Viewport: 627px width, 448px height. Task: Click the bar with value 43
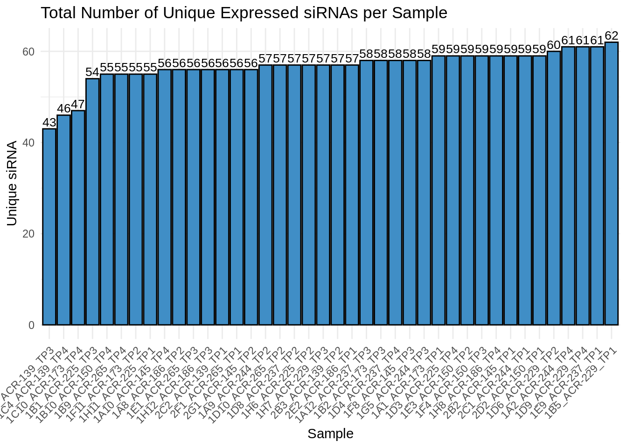pyautogui.click(x=49, y=227)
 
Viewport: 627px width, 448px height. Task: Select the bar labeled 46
pyautogui.click(x=63, y=220)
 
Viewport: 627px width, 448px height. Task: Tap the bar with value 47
pyautogui.click(x=78, y=217)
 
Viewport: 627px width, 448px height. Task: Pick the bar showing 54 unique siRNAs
pyautogui.click(x=92, y=202)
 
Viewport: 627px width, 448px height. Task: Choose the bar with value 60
pyautogui.click(x=554, y=188)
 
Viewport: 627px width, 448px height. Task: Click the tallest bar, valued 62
pyautogui.click(x=612, y=183)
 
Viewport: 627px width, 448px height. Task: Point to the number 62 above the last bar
pyautogui.click(x=612, y=36)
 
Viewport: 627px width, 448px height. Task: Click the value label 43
pyautogui.click(x=49, y=123)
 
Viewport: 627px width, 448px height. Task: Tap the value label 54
pyautogui.click(x=92, y=72)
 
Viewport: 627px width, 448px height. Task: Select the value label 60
pyautogui.click(x=554, y=45)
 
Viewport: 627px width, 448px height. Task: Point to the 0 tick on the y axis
pyautogui.click(x=31, y=325)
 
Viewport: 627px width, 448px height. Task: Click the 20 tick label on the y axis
pyautogui.click(x=28, y=234)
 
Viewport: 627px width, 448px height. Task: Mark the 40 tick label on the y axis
pyautogui.click(x=28, y=143)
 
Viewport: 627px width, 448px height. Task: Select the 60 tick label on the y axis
pyautogui.click(x=28, y=52)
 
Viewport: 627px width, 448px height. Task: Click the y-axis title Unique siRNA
pyautogui.click(x=12, y=183)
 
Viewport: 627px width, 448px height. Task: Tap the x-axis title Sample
pyautogui.click(x=330, y=434)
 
